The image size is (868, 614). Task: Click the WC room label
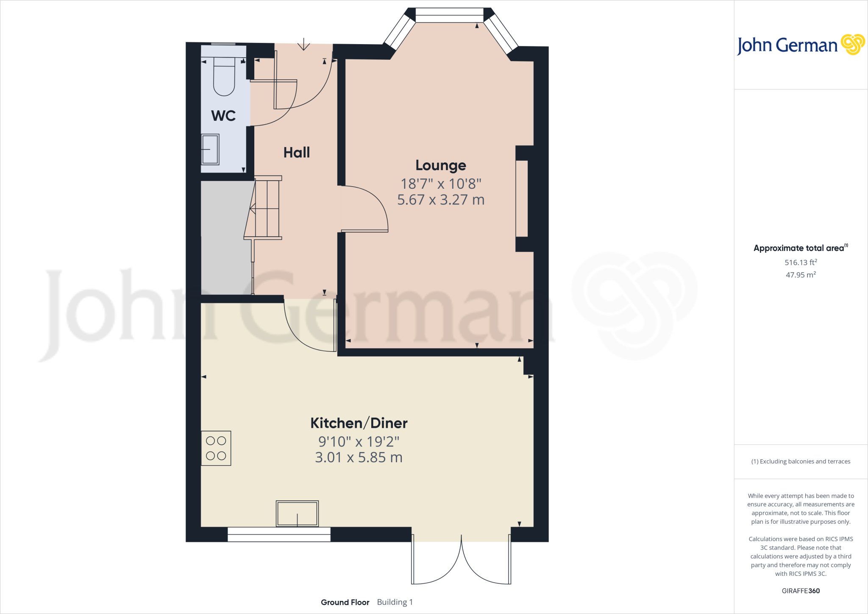click(223, 116)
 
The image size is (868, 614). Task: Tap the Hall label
click(296, 153)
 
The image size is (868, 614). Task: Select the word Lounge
click(440, 165)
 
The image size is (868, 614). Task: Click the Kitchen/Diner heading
click(359, 423)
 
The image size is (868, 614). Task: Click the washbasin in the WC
click(210, 149)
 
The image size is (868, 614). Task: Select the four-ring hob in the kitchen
click(216, 448)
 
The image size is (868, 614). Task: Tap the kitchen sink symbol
click(297, 514)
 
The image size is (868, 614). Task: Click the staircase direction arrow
click(253, 209)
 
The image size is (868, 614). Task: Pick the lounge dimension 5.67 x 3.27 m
click(440, 200)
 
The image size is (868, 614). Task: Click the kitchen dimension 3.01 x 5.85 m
click(359, 458)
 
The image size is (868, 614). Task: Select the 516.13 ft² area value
click(801, 262)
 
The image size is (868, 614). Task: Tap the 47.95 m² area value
click(801, 275)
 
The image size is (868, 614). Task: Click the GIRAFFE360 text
click(801, 591)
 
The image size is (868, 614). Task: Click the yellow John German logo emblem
click(852, 44)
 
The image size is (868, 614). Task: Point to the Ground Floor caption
click(345, 602)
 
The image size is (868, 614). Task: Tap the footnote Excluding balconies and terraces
click(801, 461)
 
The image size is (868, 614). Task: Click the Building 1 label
click(395, 602)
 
